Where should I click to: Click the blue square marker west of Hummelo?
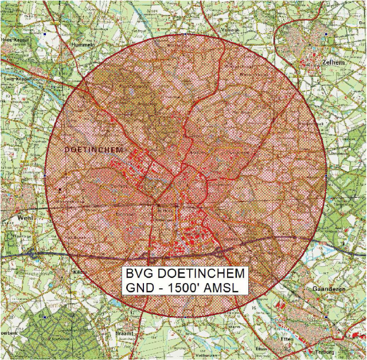[x=45, y=34]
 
